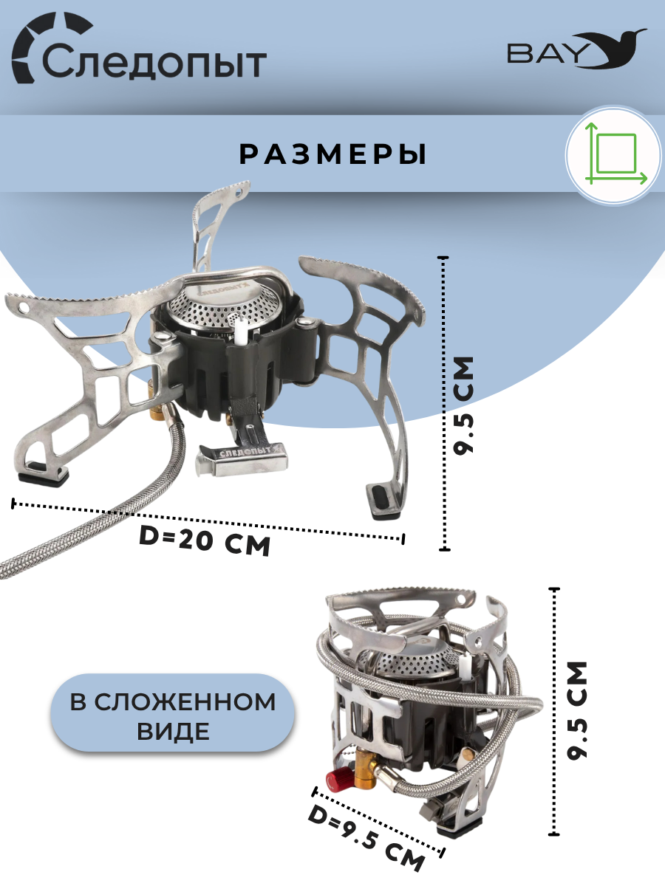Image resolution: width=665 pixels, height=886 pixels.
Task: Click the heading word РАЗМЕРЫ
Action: coord(333,154)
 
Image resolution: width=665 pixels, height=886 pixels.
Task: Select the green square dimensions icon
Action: coord(613,156)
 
